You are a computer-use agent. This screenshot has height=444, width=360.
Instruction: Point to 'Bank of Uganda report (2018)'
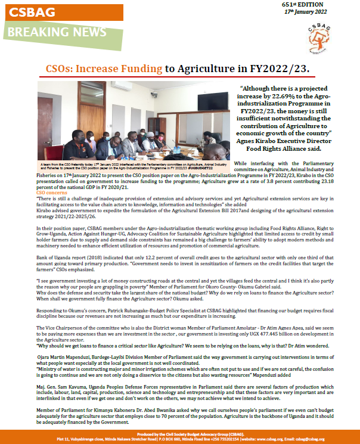66,239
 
